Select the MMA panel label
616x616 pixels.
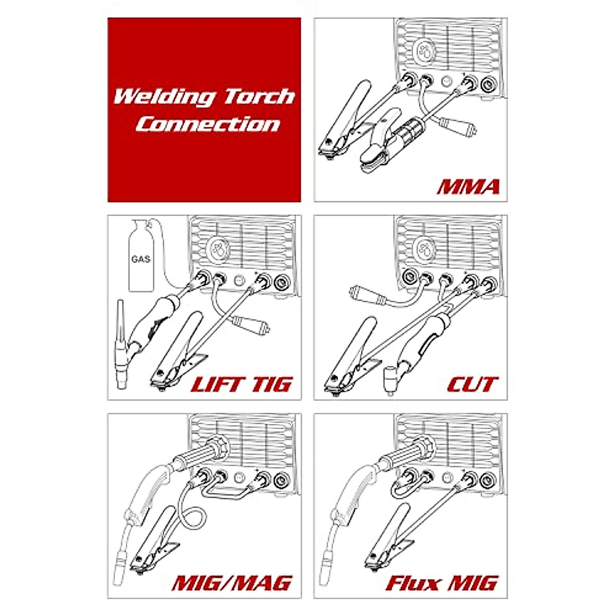(x=468, y=186)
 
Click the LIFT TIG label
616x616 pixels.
(x=241, y=384)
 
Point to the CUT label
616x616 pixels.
(x=472, y=384)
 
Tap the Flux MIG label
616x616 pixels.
(x=441, y=583)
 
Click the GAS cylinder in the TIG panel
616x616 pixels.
(x=141, y=257)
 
